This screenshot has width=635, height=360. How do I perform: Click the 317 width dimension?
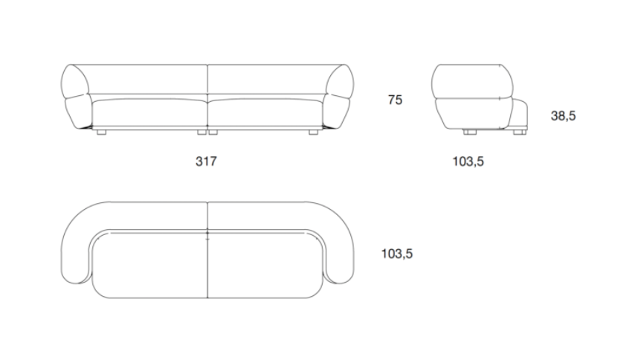click(x=206, y=161)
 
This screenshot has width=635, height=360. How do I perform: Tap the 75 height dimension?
click(x=396, y=100)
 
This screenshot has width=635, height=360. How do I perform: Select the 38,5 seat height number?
click(x=563, y=116)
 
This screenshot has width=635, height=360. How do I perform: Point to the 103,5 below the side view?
click(x=468, y=161)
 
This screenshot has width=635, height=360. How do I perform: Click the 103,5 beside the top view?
click(x=397, y=254)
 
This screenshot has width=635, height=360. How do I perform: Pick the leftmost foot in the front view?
click(x=101, y=132)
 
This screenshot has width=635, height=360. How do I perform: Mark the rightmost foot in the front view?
click(x=314, y=132)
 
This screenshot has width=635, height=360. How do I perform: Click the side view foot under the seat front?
click(x=520, y=132)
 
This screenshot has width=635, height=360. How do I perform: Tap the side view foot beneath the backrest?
click(x=470, y=132)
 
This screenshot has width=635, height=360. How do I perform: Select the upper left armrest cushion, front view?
click(x=74, y=81)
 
